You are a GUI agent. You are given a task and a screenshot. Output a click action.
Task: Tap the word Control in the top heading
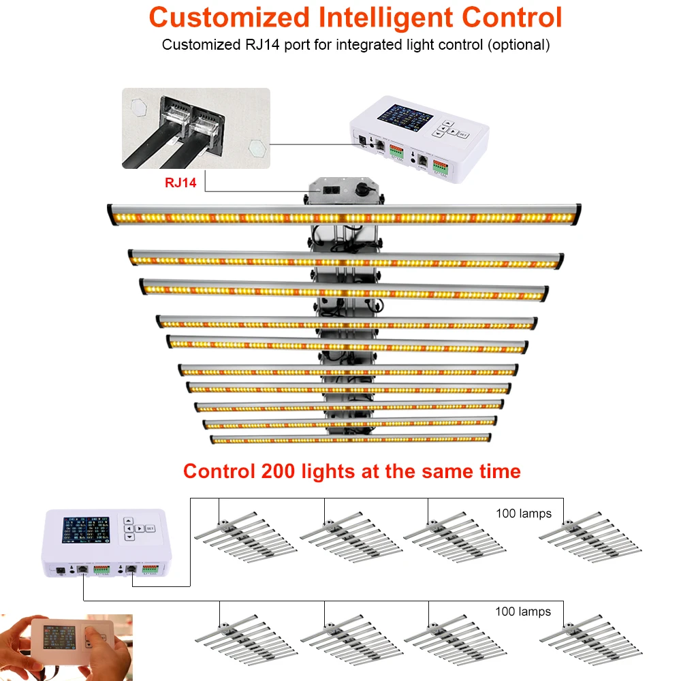pyautogui.click(x=512, y=17)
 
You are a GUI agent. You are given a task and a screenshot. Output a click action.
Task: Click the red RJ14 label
pyautogui.click(x=180, y=182)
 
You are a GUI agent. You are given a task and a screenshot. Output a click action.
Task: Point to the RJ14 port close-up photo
pyautogui.click(x=196, y=128)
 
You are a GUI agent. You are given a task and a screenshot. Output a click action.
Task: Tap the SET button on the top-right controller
pyautogui.click(x=464, y=134)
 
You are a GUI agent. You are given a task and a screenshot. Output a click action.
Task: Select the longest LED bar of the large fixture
pyautogui.click(x=344, y=216)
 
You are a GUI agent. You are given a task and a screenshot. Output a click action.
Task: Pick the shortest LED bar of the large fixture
pyautogui.click(x=350, y=439)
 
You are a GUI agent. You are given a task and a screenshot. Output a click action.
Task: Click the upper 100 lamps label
pyautogui.click(x=523, y=513)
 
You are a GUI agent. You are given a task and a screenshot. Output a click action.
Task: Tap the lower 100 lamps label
pyautogui.click(x=523, y=612)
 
